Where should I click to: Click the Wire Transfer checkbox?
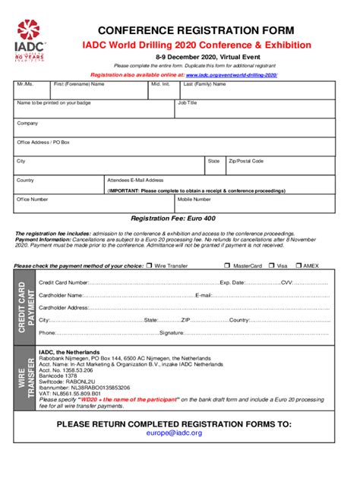coord(150,266)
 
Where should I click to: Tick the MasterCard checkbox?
coord(227,266)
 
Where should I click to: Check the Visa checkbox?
coord(271,266)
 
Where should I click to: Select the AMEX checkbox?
coord(298,266)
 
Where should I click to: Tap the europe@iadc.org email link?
coord(174,432)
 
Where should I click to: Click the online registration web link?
coord(231,76)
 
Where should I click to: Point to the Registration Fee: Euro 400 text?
coord(173,219)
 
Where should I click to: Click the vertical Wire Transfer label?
coord(26,379)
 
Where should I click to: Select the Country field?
coord(59,185)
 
